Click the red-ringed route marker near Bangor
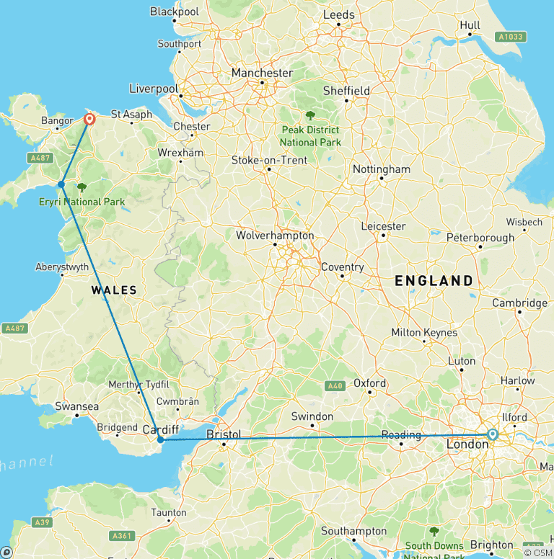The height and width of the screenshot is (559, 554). [x=89, y=120]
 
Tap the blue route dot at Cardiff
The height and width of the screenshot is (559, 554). [x=160, y=439]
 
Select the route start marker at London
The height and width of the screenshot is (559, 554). [x=492, y=434]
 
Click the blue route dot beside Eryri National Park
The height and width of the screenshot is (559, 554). [x=61, y=184]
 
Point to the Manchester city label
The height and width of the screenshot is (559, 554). [x=262, y=73]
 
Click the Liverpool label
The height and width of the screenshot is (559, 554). [x=153, y=89]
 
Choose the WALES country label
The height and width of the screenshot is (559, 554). [x=114, y=290]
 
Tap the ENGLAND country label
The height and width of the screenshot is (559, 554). [x=434, y=281]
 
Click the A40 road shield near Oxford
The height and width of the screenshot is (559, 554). [x=335, y=386]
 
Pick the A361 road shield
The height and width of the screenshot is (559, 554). [x=122, y=536]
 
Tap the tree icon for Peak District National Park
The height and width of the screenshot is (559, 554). [x=310, y=115]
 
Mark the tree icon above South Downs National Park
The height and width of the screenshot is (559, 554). [x=434, y=532]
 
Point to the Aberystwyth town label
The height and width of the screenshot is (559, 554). [x=62, y=267]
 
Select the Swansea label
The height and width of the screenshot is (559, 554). [x=76, y=407]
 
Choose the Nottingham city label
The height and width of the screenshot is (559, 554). [x=381, y=169]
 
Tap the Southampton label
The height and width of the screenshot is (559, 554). [x=355, y=531]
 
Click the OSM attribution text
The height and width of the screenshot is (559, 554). [x=537, y=553]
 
